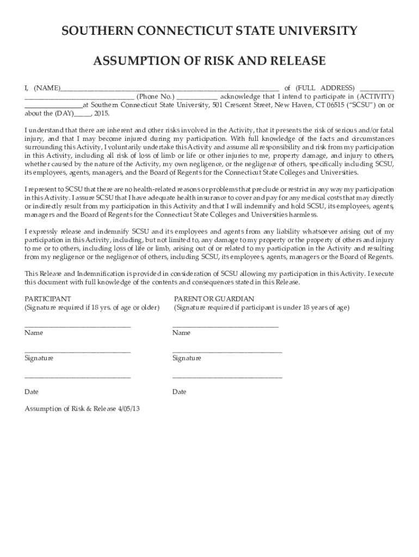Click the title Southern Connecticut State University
pyautogui.click(x=209, y=31)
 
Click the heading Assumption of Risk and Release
pyautogui.click(x=209, y=60)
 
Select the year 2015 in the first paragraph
pyautogui.click(x=101, y=114)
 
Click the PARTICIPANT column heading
pyautogui.click(x=48, y=299)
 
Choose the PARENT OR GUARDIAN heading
pyautogui.click(x=214, y=299)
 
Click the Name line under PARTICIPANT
pyautogui.click(x=77, y=326)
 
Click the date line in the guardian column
pyautogui.click(x=227, y=377)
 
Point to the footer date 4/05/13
pyautogui.click(x=128, y=409)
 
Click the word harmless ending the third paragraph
pyautogui.click(x=301, y=214)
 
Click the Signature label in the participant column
pyautogui.click(x=39, y=358)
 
